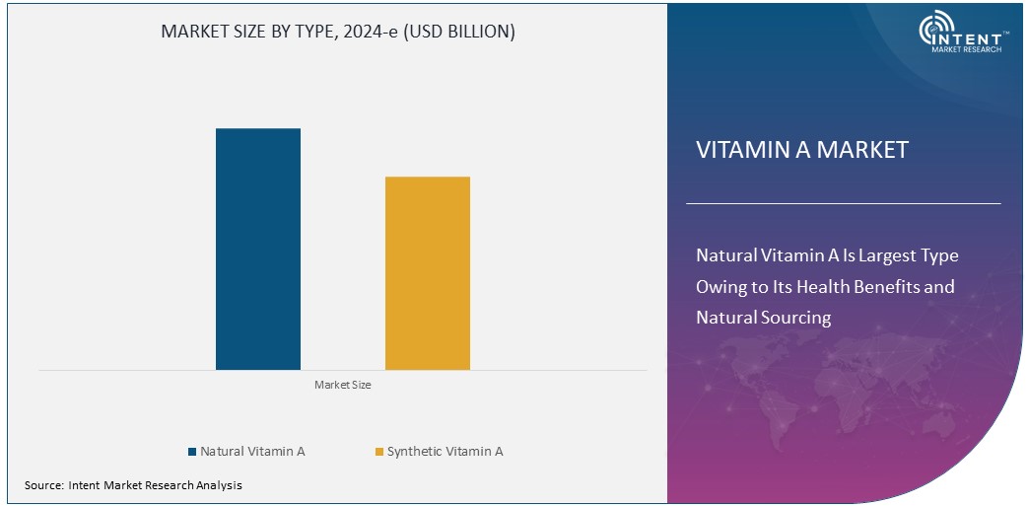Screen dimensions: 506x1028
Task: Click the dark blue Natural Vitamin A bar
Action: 258,249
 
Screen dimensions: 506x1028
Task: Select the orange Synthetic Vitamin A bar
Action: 427,273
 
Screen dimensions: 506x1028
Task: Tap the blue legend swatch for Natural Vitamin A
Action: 192,452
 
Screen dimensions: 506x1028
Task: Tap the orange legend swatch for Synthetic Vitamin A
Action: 378,452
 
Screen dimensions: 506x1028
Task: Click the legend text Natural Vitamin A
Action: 252,452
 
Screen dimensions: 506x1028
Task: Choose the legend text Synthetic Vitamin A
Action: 445,452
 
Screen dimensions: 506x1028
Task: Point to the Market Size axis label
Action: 342,385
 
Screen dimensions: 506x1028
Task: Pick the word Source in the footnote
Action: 43,485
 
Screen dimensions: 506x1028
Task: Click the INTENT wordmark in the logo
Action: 977,36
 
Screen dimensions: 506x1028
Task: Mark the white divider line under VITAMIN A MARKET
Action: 843,203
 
